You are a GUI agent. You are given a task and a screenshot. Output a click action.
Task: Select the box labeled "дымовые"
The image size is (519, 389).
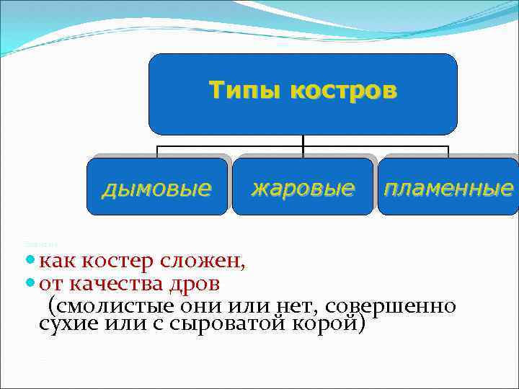click(157, 188)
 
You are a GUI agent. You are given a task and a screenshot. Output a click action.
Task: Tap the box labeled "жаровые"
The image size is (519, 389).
click(303, 188)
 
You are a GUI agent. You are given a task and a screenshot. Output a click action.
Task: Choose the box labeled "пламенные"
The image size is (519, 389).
click(448, 188)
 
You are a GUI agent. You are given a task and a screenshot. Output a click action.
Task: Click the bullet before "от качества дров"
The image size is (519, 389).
click(30, 282)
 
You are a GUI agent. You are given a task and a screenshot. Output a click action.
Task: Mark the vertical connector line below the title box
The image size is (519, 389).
click(303, 140)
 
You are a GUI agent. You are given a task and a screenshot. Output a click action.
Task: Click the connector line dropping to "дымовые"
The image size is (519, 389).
click(158, 151)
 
